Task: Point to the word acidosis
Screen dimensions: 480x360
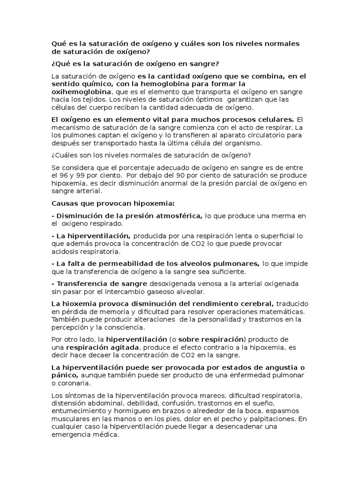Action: click(x=65, y=252)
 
